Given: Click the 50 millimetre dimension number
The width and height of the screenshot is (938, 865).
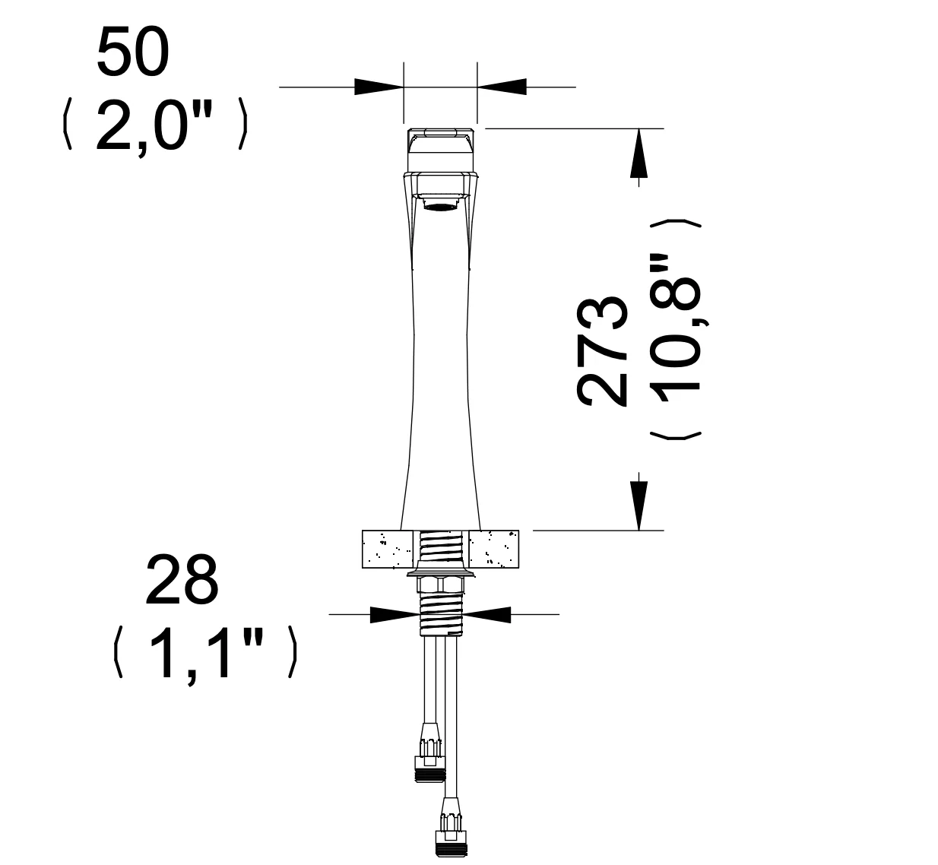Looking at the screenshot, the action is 133,52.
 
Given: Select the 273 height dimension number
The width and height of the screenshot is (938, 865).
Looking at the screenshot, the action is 602,352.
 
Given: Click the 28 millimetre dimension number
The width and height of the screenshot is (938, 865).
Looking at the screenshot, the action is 182,580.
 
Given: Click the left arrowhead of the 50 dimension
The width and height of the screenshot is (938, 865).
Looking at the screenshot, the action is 379,87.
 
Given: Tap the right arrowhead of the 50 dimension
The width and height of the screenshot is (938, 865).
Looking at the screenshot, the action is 502,87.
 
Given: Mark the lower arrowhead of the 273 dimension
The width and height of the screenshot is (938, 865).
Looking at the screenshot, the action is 639,505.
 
